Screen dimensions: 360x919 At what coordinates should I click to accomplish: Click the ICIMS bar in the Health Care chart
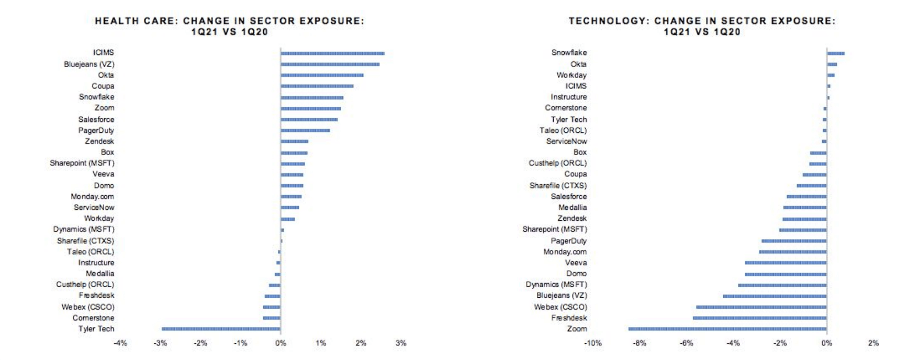(332, 53)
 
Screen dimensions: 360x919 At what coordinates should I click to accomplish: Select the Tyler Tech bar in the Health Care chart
(221, 329)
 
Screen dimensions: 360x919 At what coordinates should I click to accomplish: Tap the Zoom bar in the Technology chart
(727, 329)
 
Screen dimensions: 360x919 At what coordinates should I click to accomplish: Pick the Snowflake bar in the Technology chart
(835, 53)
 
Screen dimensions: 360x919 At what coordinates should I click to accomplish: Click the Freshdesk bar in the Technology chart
(759, 318)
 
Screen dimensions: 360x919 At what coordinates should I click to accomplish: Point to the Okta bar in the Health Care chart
(322, 75)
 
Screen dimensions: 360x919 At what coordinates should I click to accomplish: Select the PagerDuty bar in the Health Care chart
(305, 130)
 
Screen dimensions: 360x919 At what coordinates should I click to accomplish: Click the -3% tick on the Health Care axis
(160, 343)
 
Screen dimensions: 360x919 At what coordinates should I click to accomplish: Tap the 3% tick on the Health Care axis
(401, 343)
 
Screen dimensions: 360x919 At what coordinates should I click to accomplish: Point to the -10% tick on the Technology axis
(592, 343)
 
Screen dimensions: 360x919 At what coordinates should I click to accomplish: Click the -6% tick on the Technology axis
(686, 343)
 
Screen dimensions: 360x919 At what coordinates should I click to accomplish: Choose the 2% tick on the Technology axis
(873, 343)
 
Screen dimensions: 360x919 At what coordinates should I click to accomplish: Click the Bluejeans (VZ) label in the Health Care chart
(89, 64)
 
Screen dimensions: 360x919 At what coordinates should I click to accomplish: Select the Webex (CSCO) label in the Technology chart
(560, 307)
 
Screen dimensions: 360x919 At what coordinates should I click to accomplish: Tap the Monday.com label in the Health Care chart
(92, 197)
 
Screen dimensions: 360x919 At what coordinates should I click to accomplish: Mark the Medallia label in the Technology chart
(572, 208)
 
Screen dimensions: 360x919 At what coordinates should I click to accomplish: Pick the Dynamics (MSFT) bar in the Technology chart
(782, 285)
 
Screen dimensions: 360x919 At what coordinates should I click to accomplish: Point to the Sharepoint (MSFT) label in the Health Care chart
(82, 163)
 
